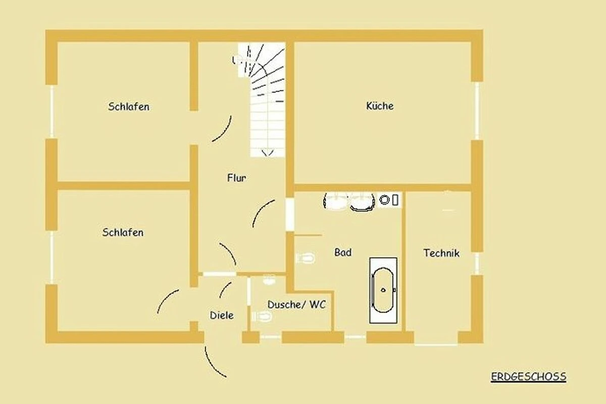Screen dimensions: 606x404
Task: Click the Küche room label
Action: coord(380,106)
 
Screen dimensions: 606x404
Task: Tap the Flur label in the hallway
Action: coord(236,178)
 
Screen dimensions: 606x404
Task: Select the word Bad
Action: coord(343,252)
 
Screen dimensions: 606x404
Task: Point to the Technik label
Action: coord(441,253)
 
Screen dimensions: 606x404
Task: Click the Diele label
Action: coord(222,315)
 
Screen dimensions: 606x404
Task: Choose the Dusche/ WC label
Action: coord(296,305)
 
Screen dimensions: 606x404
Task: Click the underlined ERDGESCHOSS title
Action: coord(528,377)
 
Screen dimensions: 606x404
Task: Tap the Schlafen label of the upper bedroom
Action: coord(128,107)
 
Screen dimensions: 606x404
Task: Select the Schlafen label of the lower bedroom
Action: coord(123,232)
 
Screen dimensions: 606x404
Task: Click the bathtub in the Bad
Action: coord(383,290)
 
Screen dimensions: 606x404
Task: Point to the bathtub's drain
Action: coord(383,290)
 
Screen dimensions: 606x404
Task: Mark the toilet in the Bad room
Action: coord(306,258)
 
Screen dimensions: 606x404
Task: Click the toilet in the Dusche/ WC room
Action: coord(262,316)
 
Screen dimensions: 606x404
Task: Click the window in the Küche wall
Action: coord(477,111)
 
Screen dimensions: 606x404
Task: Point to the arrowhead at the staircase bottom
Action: coord(268,154)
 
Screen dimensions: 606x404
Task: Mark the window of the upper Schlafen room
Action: coord(52,112)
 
